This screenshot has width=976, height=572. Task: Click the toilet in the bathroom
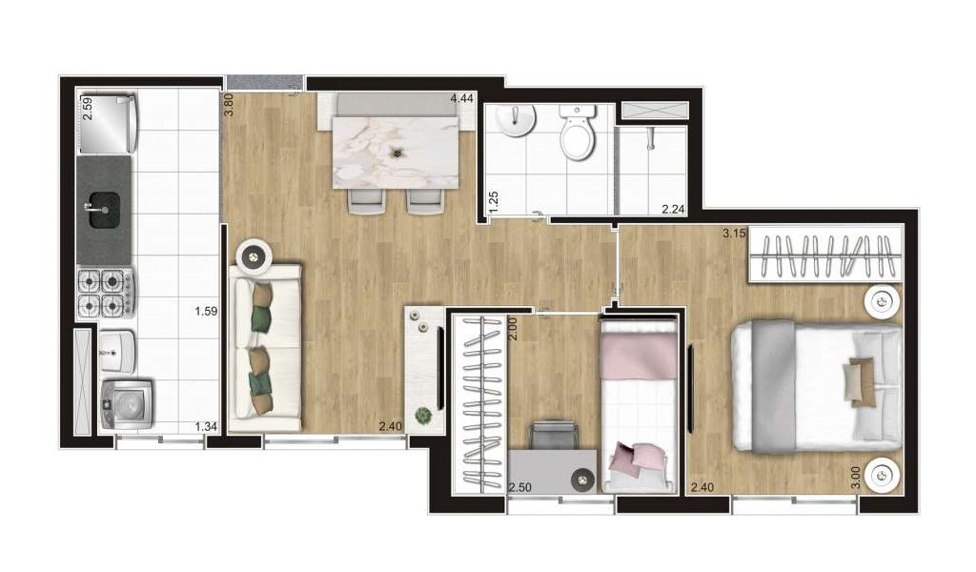pyautogui.click(x=577, y=132)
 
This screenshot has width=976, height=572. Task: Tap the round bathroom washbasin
pyautogui.click(x=517, y=120)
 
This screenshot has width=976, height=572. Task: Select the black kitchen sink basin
pyautogui.click(x=104, y=210)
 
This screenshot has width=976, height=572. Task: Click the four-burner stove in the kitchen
pyautogui.click(x=105, y=294)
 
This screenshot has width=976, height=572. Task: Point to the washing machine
pyautogui.click(x=127, y=405)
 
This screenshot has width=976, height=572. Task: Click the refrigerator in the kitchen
pyautogui.click(x=107, y=123)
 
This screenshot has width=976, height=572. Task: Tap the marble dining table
pyautogui.click(x=396, y=153)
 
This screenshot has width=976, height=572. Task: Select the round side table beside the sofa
pyautogui.click(x=254, y=255)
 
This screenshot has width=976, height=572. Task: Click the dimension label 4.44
pyautogui.click(x=462, y=98)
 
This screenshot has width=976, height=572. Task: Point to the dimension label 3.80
pyautogui.click(x=229, y=105)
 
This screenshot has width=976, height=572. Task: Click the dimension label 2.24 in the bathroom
pyautogui.click(x=673, y=210)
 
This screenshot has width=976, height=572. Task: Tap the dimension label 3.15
pyautogui.click(x=734, y=234)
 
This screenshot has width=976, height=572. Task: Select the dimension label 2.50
pyautogui.click(x=519, y=487)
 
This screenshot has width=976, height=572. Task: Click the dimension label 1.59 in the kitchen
pyautogui.click(x=206, y=311)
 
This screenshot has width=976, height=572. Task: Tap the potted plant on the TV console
pyautogui.click(x=423, y=415)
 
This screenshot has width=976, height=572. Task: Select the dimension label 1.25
pyautogui.click(x=494, y=202)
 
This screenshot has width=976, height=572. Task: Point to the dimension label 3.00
pyautogui.click(x=856, y=478)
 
